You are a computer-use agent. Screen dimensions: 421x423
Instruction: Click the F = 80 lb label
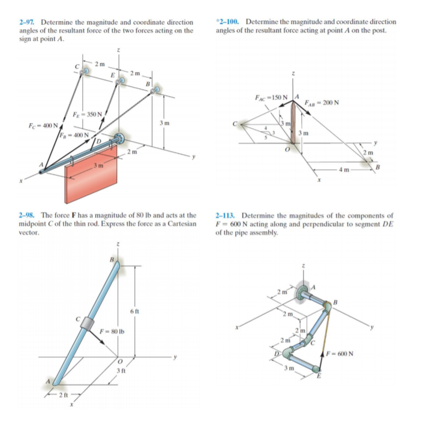pyautogui.click(x=112, y=330)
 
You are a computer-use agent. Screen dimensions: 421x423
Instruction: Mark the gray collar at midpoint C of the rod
pyautogui.click(x=88, y=323)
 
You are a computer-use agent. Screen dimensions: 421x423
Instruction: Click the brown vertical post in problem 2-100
pyautogui.click(x=293, y=126)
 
